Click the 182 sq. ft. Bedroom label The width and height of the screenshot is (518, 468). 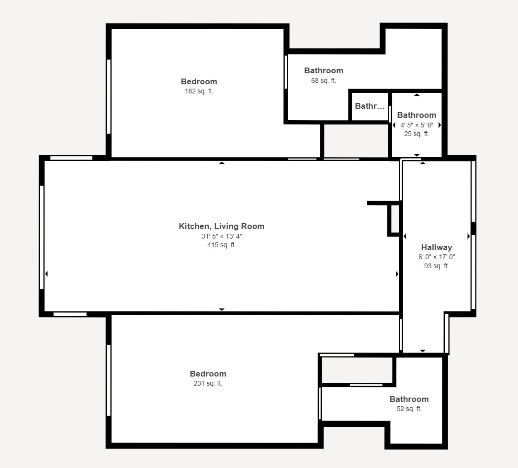(199, 81)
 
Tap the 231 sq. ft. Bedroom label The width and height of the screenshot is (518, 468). (208, 374)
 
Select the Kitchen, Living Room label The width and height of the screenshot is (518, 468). (222, 227)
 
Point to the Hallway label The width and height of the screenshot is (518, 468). (437, 247)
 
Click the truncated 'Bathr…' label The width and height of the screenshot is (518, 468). (370, 106)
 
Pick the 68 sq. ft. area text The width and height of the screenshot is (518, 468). (324, 80)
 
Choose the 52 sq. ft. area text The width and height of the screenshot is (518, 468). (409, 409)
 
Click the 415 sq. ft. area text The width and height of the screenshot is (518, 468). (222, 245)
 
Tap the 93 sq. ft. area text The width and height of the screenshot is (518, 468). (437, 266)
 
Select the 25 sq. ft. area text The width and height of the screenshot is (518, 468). (417, 134)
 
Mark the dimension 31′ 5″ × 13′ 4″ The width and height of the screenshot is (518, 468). (222, 236)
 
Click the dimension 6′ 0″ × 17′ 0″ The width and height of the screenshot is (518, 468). (437, 257)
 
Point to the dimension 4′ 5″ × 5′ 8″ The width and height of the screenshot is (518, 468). (417, 125)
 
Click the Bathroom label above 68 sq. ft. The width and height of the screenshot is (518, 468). (324, 71)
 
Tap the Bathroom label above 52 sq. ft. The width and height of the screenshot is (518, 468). (409, 399)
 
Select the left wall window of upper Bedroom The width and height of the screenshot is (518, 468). (109, 96)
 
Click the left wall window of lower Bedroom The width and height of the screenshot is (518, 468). (109, 380)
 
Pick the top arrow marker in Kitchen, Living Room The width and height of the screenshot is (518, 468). (222, 163)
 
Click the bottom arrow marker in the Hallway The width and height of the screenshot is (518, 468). (423, 351)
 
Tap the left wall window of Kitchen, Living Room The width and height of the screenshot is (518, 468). (42, 237)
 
